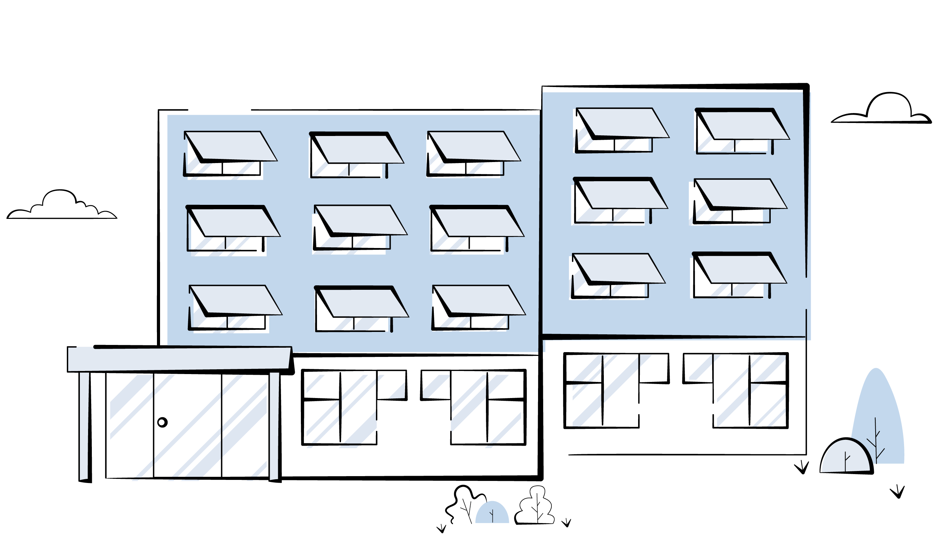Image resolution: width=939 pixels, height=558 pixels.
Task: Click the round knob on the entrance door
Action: [162, 422]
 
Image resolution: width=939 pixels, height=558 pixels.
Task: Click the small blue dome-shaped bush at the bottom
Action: [492, 513]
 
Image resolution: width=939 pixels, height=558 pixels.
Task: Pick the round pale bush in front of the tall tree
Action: [846, 457]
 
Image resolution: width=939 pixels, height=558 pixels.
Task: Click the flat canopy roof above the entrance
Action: [179, 359]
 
